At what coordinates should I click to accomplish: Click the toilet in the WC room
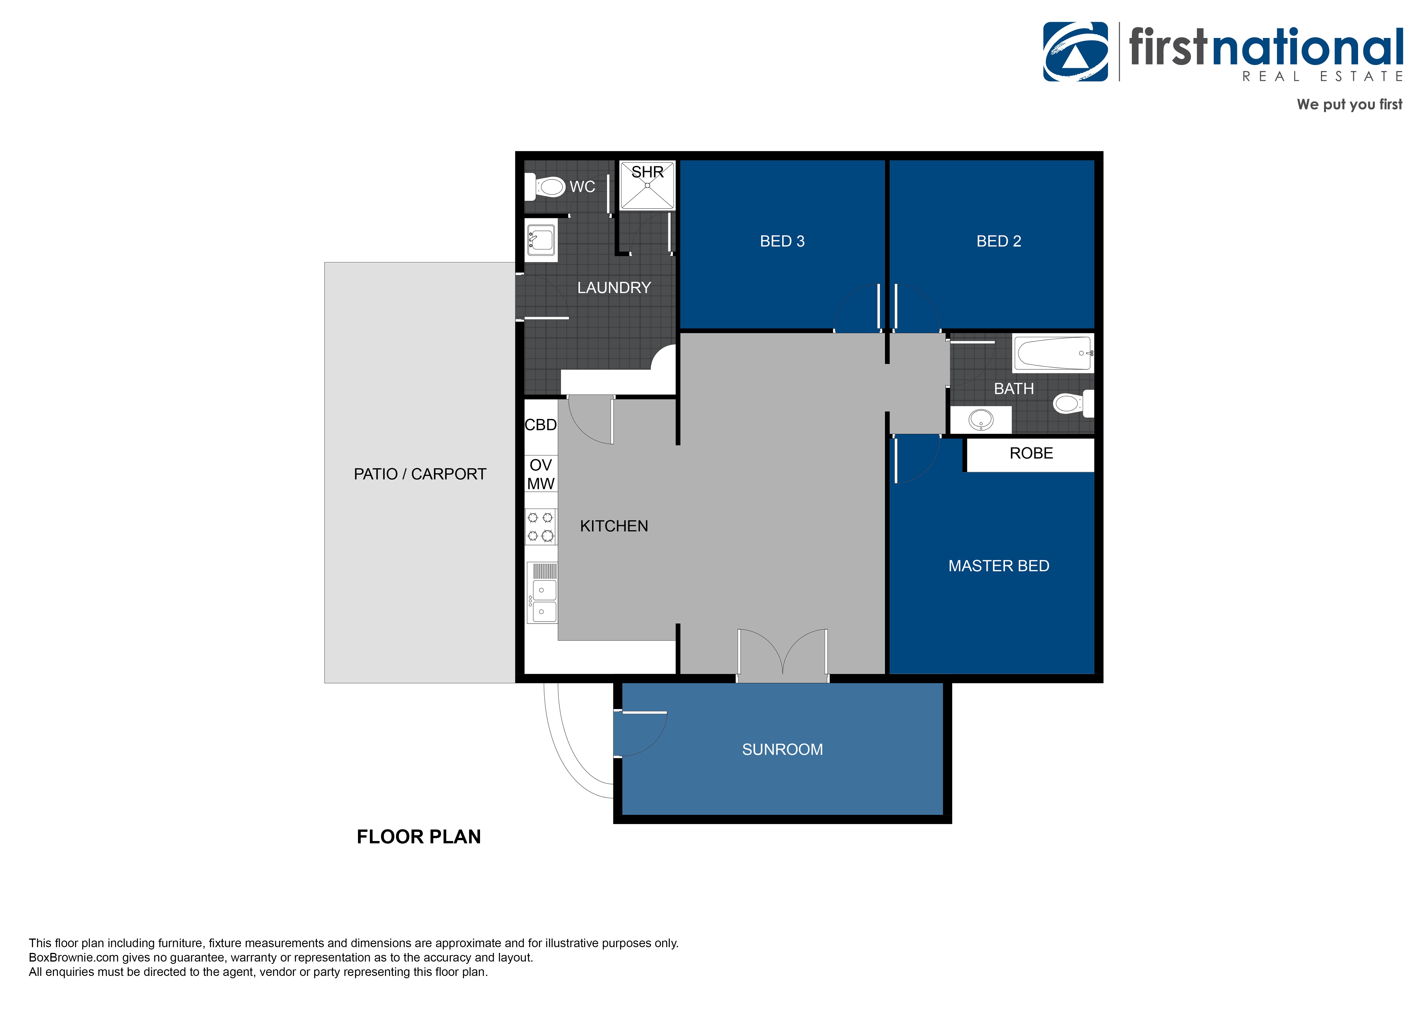[x=546, y=186]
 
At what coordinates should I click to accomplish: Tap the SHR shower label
[x=648, y=172]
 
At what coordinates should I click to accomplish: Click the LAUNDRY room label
[x=614, y=288]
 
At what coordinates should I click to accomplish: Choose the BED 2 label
[x=998, y=241]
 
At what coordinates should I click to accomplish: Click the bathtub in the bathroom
[x=1053, y=353]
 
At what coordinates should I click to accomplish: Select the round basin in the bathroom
[x=981, y=420]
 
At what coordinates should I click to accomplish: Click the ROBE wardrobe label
[x=1031, y=453]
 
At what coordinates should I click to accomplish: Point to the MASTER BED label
[x=998, y=566]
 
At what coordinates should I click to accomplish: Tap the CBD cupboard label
[x=540, y=425]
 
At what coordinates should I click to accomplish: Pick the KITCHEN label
[x=614, y=526]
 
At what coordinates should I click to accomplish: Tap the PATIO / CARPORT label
[x=420, y=474]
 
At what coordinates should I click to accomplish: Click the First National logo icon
[x=1075, y=52]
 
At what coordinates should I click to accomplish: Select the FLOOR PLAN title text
[x=418, y=837]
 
